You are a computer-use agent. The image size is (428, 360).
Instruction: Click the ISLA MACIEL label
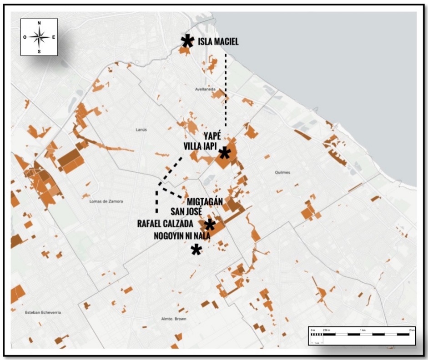coord(218,42)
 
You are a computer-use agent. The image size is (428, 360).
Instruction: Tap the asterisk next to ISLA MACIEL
coord(186,41)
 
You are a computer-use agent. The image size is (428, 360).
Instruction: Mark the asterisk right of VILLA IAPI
coord(224,153)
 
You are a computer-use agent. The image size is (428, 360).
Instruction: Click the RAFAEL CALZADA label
coord(167,223)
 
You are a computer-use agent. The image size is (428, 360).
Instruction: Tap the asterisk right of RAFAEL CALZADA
coord(209,225)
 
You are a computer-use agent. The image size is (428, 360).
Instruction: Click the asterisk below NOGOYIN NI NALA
coord(196,249)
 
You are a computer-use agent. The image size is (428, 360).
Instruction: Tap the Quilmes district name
coord(282,172)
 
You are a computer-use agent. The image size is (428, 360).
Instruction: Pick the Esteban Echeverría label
coord(43,313)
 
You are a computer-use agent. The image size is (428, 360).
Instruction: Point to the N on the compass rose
coord(39,23)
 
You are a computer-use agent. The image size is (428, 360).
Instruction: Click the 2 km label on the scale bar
coord(412,329)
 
